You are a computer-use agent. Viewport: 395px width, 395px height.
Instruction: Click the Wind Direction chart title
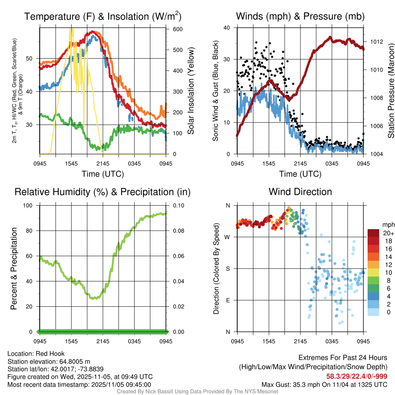click(x=300, y=192)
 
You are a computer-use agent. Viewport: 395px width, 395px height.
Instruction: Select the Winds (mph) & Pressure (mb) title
click(x=300, y=16)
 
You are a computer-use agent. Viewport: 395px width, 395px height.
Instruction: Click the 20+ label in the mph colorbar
click(x=388, y=233)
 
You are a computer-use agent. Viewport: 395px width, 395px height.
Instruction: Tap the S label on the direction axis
click(x=228, y=268)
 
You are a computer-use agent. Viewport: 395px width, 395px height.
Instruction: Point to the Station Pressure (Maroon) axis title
click(x=390, y=91)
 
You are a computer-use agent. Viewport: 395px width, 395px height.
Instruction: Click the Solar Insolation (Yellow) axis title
click(x=191, y=91)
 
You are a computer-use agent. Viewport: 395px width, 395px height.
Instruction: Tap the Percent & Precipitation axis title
click(x=14, y=268)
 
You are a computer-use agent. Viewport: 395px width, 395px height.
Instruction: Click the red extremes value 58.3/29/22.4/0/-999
click(x=357, y=376)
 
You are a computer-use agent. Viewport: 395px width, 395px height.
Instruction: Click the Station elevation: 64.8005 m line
click(x=49, y=361)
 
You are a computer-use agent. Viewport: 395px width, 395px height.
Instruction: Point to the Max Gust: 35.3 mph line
click(x=324, y=384)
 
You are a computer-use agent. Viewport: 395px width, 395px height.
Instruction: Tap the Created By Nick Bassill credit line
click(x=197, y=392)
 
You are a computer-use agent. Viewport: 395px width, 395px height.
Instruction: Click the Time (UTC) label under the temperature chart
click(x=103, y=174)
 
